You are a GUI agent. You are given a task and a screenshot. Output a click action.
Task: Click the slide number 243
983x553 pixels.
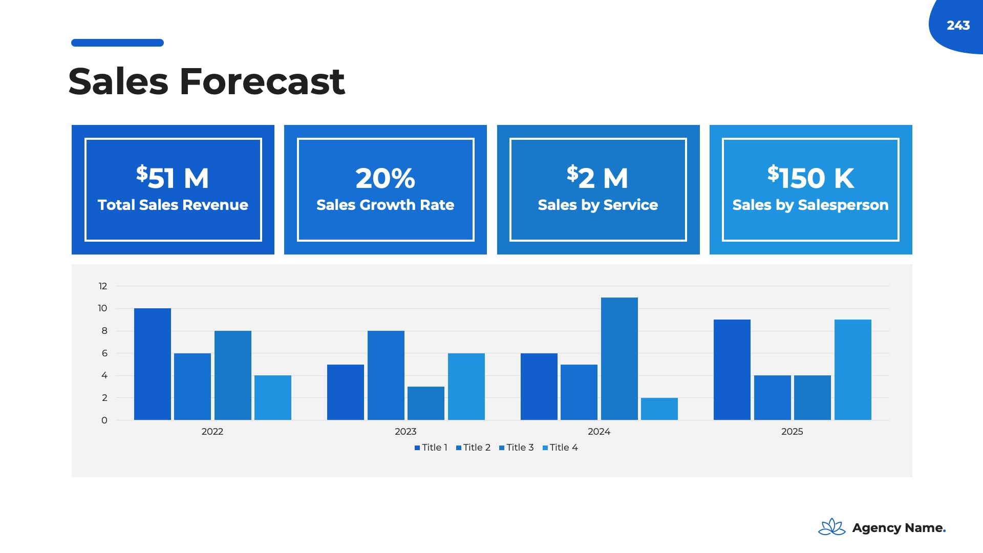click(958, 25)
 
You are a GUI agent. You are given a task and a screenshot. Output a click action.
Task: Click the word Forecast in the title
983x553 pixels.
click(262, 81)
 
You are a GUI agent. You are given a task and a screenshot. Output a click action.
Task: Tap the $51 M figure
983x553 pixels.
click(173, 177)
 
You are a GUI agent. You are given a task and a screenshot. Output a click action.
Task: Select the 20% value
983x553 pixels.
click(385, 178)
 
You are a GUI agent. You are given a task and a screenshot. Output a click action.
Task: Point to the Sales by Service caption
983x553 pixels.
click(598, 205)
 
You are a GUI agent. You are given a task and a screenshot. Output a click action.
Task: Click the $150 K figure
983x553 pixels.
click(810, 177)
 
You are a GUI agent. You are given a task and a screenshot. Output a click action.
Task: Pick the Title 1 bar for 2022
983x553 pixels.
click(153, 364)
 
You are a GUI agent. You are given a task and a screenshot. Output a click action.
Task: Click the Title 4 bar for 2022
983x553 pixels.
click(273, 398)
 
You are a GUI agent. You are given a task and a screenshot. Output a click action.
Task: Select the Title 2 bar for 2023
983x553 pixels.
click(386, 375)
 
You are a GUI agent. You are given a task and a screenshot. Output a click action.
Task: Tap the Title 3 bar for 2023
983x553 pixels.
click(426, 403)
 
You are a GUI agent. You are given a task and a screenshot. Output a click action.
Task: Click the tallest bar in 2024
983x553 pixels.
click(619, 358)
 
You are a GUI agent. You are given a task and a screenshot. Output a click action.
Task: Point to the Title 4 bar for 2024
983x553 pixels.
click(659, 409)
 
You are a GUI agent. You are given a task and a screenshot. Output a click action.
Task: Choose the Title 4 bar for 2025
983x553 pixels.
click(853, 370)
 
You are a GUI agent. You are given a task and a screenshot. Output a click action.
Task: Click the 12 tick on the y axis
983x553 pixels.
click(103, 286)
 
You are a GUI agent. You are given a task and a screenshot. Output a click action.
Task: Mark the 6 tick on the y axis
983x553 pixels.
click(104, 353)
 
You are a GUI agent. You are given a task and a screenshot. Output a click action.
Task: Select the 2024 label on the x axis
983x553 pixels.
click(599, 432)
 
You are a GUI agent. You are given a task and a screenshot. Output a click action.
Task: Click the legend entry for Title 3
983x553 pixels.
click(517, 448)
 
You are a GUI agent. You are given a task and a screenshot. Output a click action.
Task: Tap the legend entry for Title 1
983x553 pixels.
click(431, 448)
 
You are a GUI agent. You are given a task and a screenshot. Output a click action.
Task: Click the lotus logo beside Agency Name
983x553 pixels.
click(832, 527)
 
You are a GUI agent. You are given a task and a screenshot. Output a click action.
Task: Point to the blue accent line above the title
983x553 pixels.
click(117, 42)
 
